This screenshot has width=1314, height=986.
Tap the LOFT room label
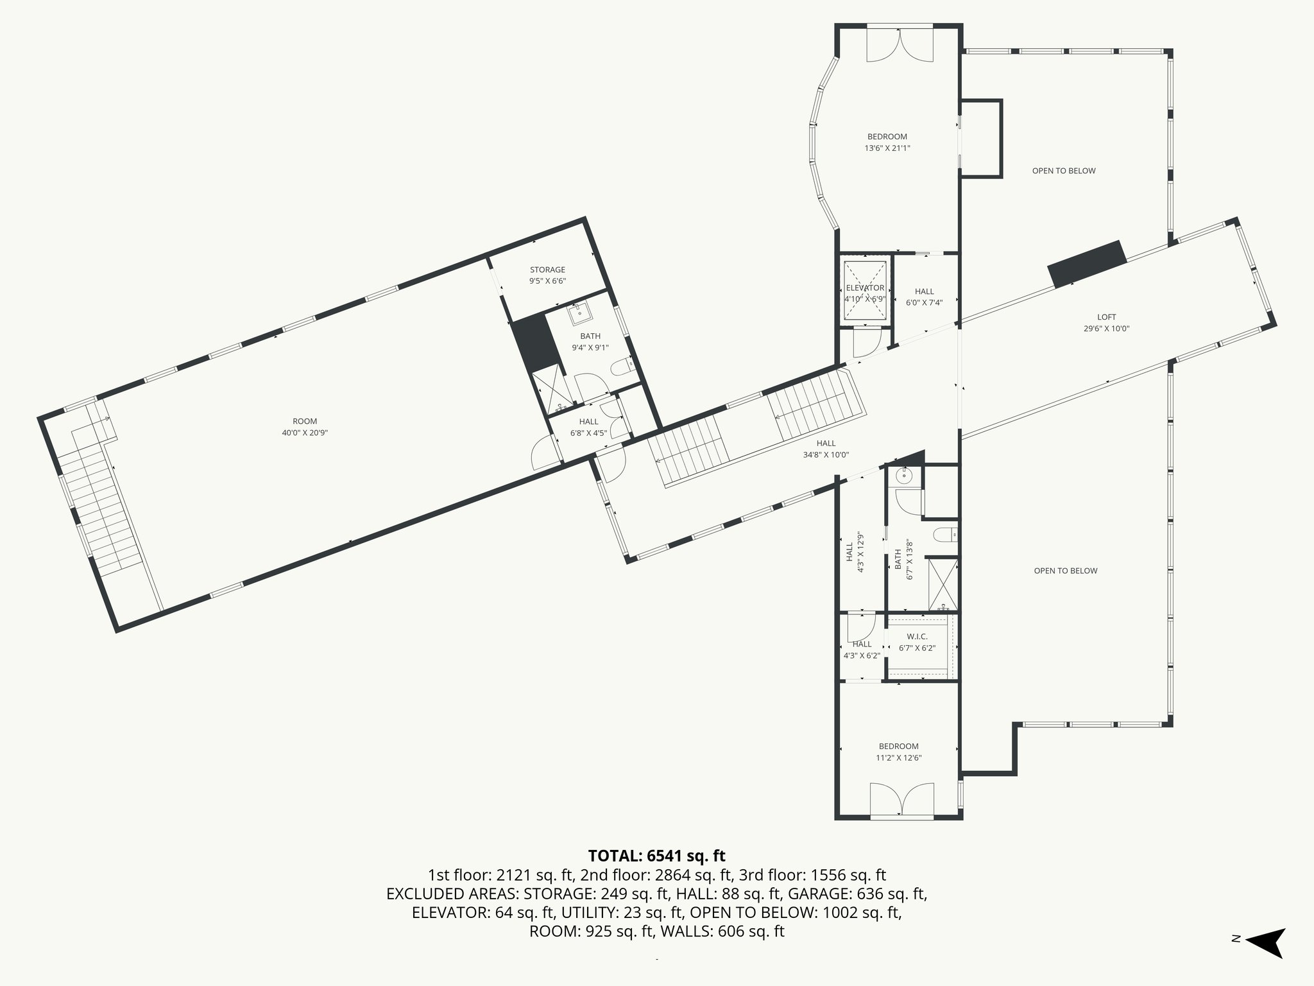pyautogui.click(x=1106, y=322)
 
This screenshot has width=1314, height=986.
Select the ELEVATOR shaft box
pyautogui.click(x=865, y=290)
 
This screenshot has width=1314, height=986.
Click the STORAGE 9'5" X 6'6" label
pyautogui.click(x=547, y=275)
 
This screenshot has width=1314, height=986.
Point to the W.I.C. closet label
pyautogui.click(x=917, y=642)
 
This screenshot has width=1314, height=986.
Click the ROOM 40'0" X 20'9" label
pyautogui.click(x=305, y=427)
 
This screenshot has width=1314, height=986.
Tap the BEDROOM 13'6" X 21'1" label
pyautogui.click(x=887, y=142)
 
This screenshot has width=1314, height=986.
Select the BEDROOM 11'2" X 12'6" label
pyautogui.click(x=898, y=752)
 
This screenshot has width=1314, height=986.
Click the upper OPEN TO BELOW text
pyautogui.click(x=1063, y=171)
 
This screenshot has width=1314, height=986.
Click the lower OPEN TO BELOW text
pyautogui.click(x=1065, y=571)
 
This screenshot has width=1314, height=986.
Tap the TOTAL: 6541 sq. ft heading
pyautogui.click(x=656, y=856)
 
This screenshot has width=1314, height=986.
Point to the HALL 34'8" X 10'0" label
pyautogui.click(x=826, y=449)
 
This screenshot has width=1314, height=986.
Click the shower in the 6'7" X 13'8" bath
pyautogui.click(x=943, y=585)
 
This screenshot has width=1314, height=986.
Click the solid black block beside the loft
pyautogui.click(x=1087, y=264)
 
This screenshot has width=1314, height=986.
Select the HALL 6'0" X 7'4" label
pyautogui.click(x=924, y=297)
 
